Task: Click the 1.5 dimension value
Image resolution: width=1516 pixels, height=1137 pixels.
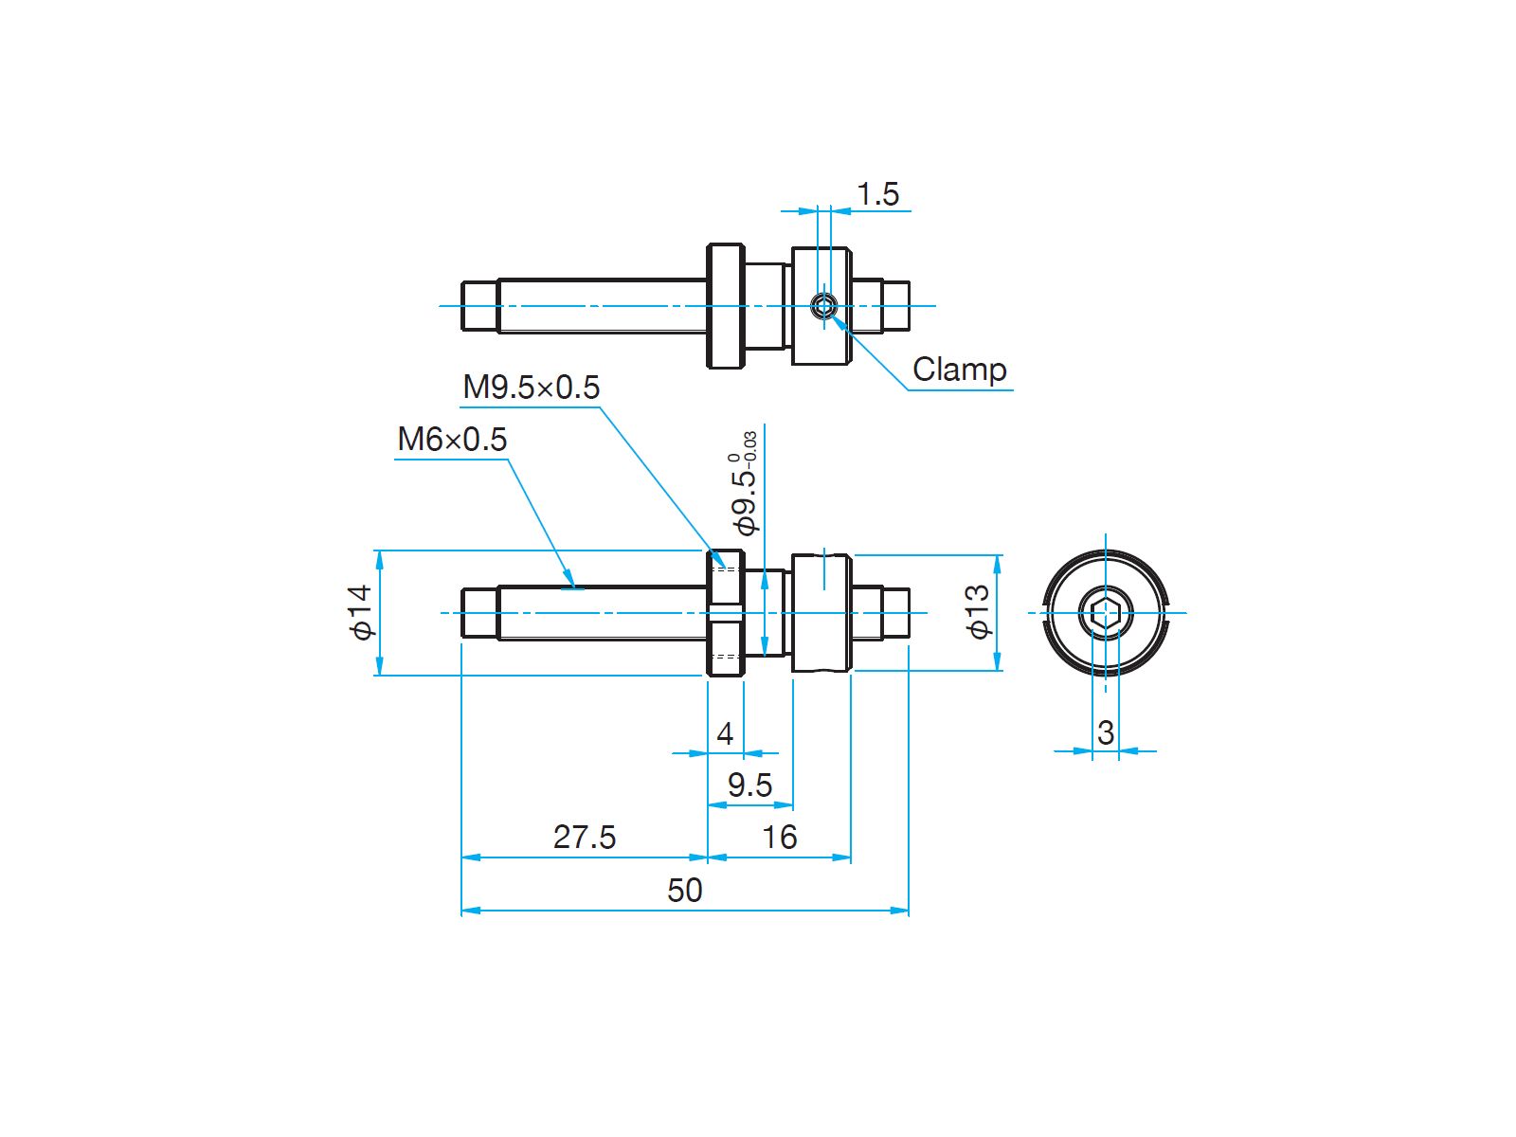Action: click(877, 194)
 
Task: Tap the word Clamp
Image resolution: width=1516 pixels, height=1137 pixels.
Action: click(959, 370)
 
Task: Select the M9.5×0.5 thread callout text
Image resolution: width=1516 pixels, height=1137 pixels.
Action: click(531, 388)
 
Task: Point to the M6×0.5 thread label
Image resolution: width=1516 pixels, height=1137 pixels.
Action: click(452, 440)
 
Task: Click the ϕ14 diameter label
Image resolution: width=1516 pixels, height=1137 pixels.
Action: click(362, 612)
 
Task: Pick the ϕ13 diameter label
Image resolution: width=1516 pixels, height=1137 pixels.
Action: click(978, 612)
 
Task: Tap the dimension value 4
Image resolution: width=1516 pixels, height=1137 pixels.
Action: click(725, 733)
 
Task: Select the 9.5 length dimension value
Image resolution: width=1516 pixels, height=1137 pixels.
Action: click(749, 785)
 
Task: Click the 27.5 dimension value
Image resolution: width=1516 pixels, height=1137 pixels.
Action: click(585, 838)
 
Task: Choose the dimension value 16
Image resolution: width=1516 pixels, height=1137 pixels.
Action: click(779, 838)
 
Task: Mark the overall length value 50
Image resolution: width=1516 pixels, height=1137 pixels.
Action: click(684, 891)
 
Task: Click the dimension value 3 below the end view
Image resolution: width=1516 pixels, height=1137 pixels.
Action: click(1105, 732)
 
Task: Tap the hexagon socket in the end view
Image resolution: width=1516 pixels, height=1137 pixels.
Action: click(1105, 612)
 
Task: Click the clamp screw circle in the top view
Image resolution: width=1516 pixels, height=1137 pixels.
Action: click(823, 306)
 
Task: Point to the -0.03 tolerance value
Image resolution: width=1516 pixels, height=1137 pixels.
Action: click(751, 446)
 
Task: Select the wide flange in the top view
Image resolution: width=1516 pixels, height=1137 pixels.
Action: click(725, 306)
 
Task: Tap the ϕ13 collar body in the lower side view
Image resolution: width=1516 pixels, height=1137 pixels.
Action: click(821, 612)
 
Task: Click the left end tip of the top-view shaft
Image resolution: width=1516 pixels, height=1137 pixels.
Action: click(462, 306)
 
